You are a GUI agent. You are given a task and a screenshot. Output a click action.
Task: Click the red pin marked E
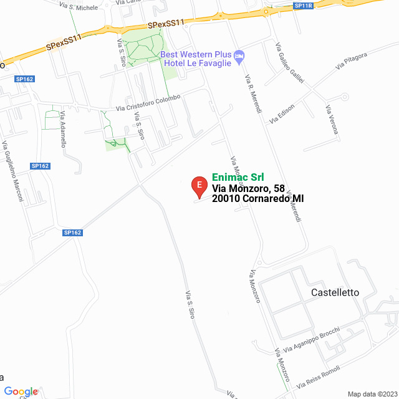point(198,185)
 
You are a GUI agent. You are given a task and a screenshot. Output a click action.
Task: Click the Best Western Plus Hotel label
point(196,58)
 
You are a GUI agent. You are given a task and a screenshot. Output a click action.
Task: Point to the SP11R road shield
point(302,6)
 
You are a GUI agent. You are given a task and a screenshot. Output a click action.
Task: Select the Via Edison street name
point(282,114)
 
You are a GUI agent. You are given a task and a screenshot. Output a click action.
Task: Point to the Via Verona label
point(331,120)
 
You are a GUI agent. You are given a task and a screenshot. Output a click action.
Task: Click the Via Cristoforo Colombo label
point(148,103)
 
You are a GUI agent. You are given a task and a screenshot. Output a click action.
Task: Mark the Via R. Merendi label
point(253,94)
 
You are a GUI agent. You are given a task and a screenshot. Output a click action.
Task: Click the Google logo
point(21,392)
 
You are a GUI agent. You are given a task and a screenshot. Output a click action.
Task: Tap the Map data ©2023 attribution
point(372,394)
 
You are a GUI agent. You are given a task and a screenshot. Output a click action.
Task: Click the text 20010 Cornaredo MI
point(257,199)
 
